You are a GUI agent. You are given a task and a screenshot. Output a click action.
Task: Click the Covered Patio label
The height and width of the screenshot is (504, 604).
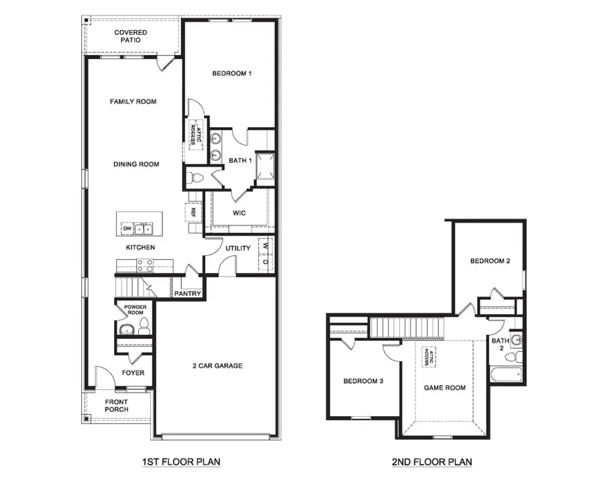point(130,36)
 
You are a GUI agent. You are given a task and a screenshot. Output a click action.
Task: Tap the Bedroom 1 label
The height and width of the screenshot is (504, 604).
point(232,73)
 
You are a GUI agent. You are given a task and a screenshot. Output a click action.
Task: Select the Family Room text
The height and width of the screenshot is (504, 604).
point(133,102)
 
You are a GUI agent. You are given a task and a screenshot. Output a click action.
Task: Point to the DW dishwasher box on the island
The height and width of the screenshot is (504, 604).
point(126,229)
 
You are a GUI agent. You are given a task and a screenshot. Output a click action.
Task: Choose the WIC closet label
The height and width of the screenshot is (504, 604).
point(239,213)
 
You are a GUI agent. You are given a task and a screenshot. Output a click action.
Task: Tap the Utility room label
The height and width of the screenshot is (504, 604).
point(238,248)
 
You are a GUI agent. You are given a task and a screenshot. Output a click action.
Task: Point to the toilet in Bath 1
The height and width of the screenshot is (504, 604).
point(195,179)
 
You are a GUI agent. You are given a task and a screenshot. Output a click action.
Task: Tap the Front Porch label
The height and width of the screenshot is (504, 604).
point(116,406)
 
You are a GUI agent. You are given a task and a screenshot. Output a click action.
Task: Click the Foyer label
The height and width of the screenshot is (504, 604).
point(133,373)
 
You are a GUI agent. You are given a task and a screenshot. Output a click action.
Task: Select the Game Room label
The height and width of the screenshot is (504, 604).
point(444,387)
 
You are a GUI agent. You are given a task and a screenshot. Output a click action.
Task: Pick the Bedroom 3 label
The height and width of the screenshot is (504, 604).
point(363,381)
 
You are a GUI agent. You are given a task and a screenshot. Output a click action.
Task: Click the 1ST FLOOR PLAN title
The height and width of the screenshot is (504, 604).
point(181,462)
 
